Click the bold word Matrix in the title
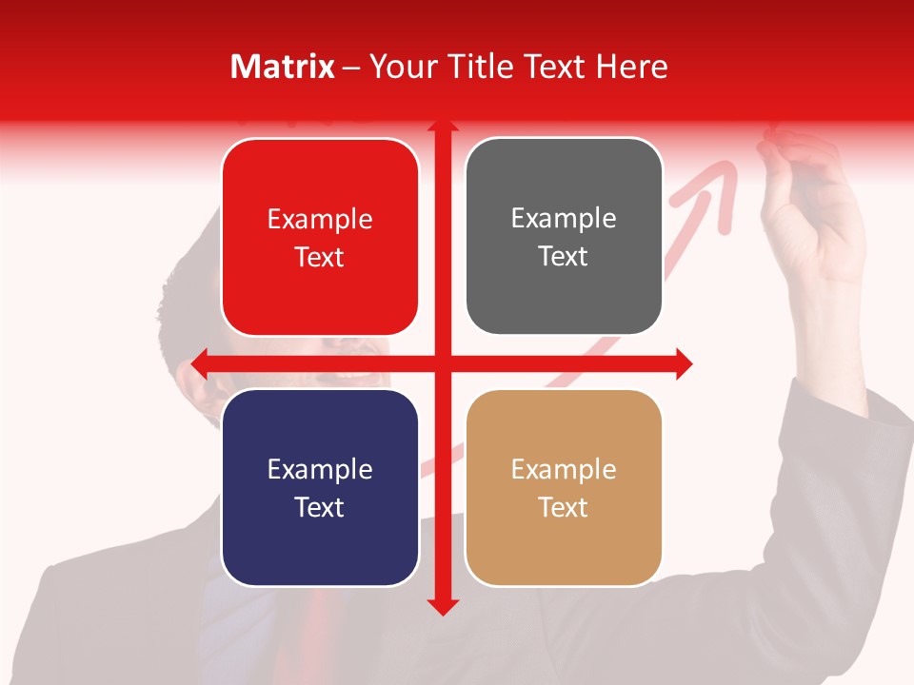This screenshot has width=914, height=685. [x=282, y=67]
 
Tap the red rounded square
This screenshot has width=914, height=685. [x=320, y=237]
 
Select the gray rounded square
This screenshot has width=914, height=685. [x=564, y=236]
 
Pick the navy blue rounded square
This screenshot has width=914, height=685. [x=320, y=487]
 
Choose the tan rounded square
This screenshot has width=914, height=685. [x=564, y=487]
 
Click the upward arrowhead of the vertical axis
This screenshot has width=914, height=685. [x=443, y=126]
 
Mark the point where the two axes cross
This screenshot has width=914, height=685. [x=443, y=363]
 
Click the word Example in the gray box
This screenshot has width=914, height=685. [x=564, y=218]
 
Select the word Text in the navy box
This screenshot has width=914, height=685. [x=319, y=507]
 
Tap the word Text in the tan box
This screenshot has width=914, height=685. [x=563, y=507]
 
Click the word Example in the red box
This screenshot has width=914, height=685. [x=320, y=219]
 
